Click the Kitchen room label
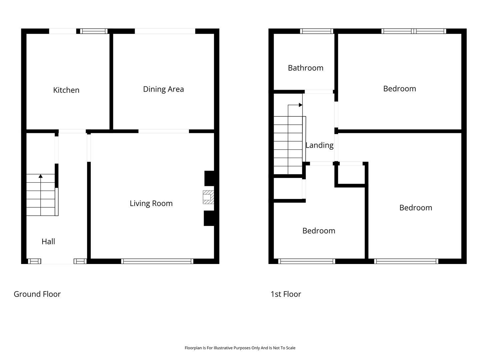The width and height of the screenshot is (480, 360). pyautogui.click(x=66, y=90)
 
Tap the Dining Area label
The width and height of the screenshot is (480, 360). pyautogui.click(x=163, y=89)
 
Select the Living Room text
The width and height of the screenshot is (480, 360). pyautogui.click(x=151, y=203)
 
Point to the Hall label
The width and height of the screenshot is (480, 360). pyautogui.click(x=48, y=242)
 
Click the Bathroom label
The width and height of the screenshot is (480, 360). pyautogui.click(x=305, y=68)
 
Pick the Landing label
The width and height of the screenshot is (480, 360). pyautogui.click(x=319, y=145)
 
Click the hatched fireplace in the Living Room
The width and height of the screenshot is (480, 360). pyautogui.click(x=208, y=197)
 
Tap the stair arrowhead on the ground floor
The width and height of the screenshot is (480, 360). pyautogui.click(x=40, y=176)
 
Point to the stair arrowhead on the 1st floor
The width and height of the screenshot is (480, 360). pyautogui.click(x=301, y=105)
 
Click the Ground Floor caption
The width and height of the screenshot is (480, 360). pyautogui.click(x=37, y=294)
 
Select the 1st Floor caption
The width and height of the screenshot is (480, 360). pyautogui.click(x=286, y=294)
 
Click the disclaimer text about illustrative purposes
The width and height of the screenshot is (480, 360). pyautogui.click(x=240, y=348)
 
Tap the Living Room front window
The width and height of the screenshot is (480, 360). pyautogui.click(x=157, y=261)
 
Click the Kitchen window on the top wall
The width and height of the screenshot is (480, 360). pyautogui.click(x=94, y=31)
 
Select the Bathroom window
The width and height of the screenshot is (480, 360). pyautogui.click(x=317, y=31)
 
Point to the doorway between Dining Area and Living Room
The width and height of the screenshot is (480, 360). pyautogui.click(x=164, y=131)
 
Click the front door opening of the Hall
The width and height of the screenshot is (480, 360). pyautogui.click(x=57, y=261)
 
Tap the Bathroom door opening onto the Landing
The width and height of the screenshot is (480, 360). pyautogui.click(x=319, y=92)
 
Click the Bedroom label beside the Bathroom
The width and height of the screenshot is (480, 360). pyautogui.click(x=400, y=89)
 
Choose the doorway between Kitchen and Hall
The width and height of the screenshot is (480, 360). pyautogui.click(x=72, y=131)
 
